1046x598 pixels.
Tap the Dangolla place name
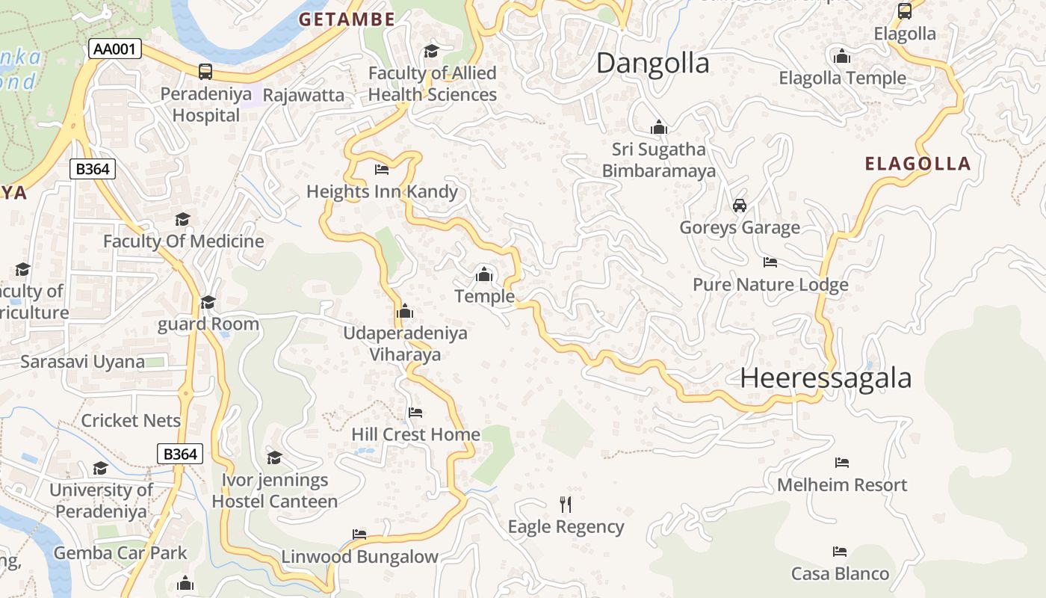tap(652, 64)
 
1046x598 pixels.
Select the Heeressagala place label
tap(826, 378)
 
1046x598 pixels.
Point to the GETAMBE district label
tap(347, 20)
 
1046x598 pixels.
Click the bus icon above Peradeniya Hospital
tap(205, 72)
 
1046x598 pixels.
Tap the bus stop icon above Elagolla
tap(905, 11)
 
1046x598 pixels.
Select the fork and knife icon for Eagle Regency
tap(566, 505)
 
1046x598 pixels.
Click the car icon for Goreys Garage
tap(740, 206)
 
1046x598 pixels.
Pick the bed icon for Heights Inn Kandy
tap(382, 170)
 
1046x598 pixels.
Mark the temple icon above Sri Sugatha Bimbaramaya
tap(658, 128)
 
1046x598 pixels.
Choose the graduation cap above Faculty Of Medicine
tap(182, 219)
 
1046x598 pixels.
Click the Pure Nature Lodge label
tap(770, 285)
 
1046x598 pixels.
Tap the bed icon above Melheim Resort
tap(842, 463)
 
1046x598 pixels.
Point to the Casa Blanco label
tap(841, 574)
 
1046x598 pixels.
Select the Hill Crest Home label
tap(415, 434)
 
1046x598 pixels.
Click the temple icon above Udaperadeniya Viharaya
tap(405, 311)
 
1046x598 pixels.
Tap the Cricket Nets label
tap(131, 421)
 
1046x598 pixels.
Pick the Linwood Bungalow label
tap(359, 557)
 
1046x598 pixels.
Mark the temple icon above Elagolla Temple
tap(842, 56)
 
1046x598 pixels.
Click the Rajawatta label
tap(303, 95)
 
